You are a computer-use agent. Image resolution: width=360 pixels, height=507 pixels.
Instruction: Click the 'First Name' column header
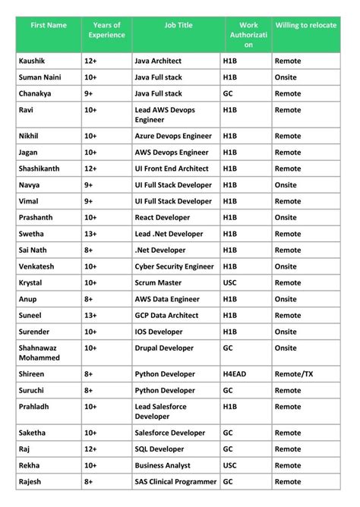point(49,26)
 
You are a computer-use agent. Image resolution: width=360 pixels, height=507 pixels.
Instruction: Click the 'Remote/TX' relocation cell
point(294,374)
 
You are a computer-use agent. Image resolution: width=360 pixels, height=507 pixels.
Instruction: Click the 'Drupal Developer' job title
point(164,348)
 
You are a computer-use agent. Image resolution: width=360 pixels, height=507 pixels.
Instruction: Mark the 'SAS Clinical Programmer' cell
point(176,481)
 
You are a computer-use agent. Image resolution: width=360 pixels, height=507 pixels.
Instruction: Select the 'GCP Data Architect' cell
point(166,315)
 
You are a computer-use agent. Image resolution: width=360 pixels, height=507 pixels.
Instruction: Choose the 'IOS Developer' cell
point(159,332)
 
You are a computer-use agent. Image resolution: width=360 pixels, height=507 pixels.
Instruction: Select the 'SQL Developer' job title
point(159,449)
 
